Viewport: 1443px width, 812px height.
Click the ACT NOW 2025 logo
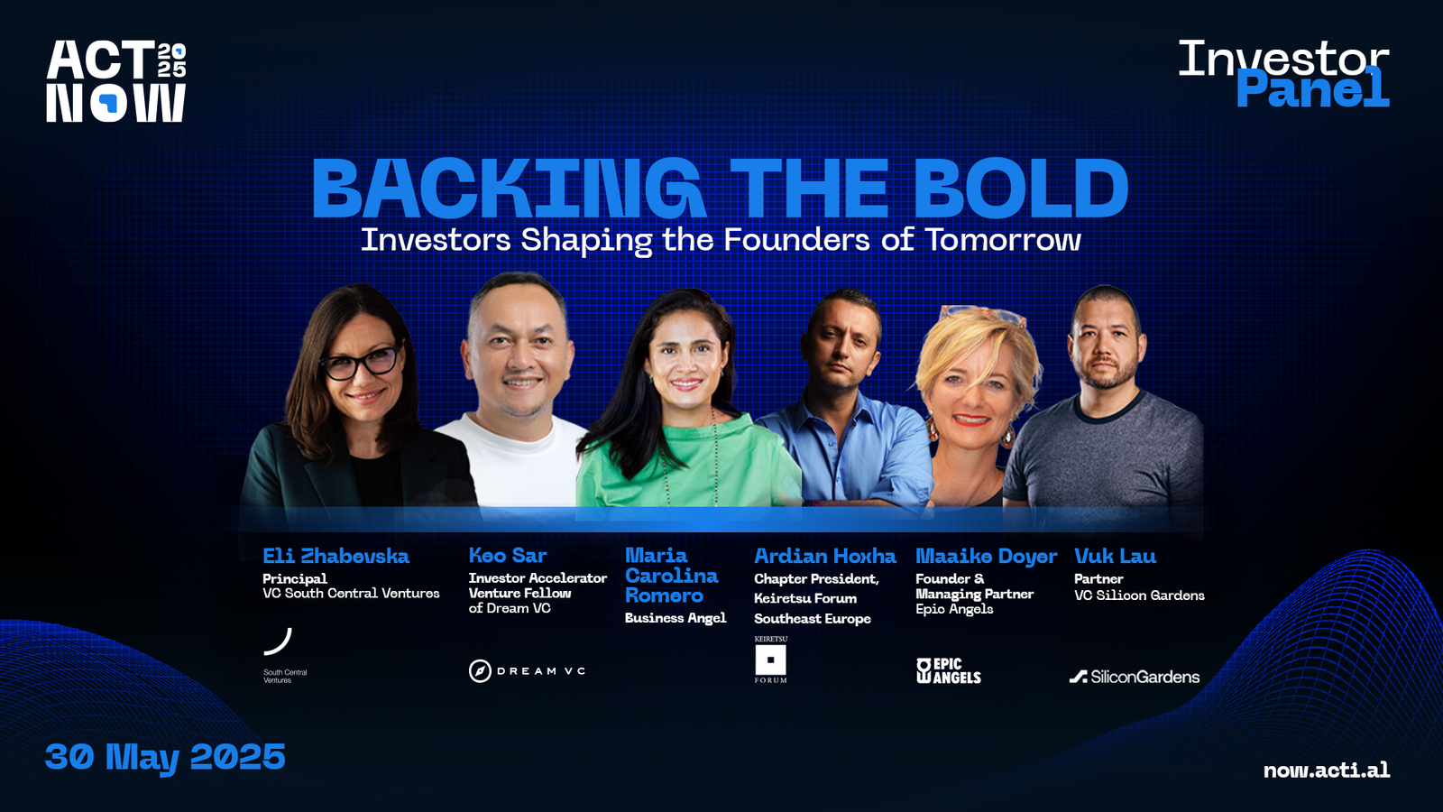pos(116,81)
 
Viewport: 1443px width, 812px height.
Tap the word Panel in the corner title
pos(1312,88)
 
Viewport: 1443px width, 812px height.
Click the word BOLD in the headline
pos(1020,189)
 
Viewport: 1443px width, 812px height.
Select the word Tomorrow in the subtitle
pos(1003,240)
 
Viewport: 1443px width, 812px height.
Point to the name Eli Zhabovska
pos(335,556)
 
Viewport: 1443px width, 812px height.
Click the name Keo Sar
pos(508,556)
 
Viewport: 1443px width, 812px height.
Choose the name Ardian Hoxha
pos(824,556)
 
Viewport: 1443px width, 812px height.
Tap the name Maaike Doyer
pos(987,557)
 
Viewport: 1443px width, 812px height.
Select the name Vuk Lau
pos(1115,556)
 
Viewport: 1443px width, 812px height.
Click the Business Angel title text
pos(676,618)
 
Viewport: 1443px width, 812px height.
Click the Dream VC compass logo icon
pos(480,671)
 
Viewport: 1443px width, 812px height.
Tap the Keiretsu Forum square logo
pos(770,660)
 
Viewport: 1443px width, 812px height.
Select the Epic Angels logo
pos(948,671)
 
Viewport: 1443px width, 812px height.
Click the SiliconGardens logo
pos(1135,677)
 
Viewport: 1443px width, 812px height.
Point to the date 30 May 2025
pos(165,757)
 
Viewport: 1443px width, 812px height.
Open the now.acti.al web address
pos(1327,770)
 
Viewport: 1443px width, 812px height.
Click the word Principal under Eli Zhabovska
pos(294,578)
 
